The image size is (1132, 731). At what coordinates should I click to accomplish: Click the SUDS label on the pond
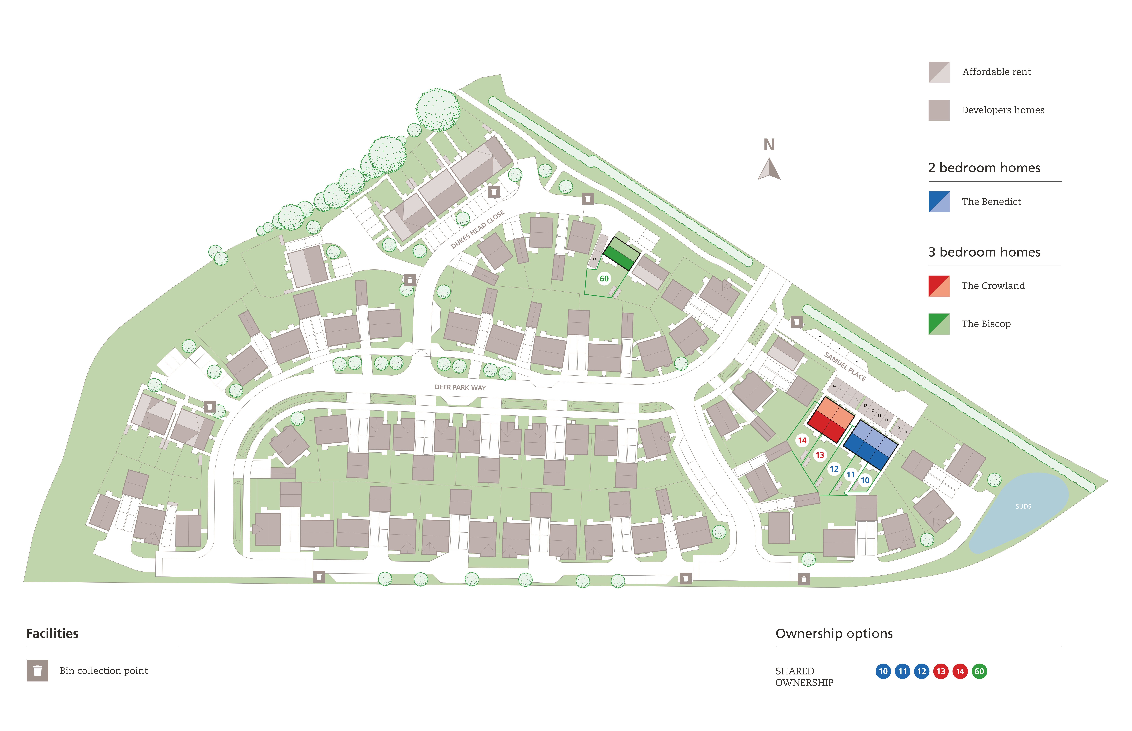pos(1023,507)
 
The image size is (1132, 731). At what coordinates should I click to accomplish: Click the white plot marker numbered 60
pos(604,279)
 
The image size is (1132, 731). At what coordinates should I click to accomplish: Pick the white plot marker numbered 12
pos(834,469)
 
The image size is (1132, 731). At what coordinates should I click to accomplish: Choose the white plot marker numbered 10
pos(865,480)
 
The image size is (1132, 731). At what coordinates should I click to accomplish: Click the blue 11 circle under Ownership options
pos(902,671)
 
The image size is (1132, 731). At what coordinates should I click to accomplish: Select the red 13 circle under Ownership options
pos(940,671)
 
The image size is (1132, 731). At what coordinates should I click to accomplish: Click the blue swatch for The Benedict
pos(939,202)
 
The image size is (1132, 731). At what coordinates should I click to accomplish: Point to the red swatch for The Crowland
pos(939,286)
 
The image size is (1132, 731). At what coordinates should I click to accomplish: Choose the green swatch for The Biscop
pos(939,324)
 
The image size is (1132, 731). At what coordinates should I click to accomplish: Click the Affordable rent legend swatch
pos(939,72)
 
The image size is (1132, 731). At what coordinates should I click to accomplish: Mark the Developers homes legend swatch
pos(939,110)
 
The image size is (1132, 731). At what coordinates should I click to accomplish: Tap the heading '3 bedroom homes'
pos(984,252)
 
